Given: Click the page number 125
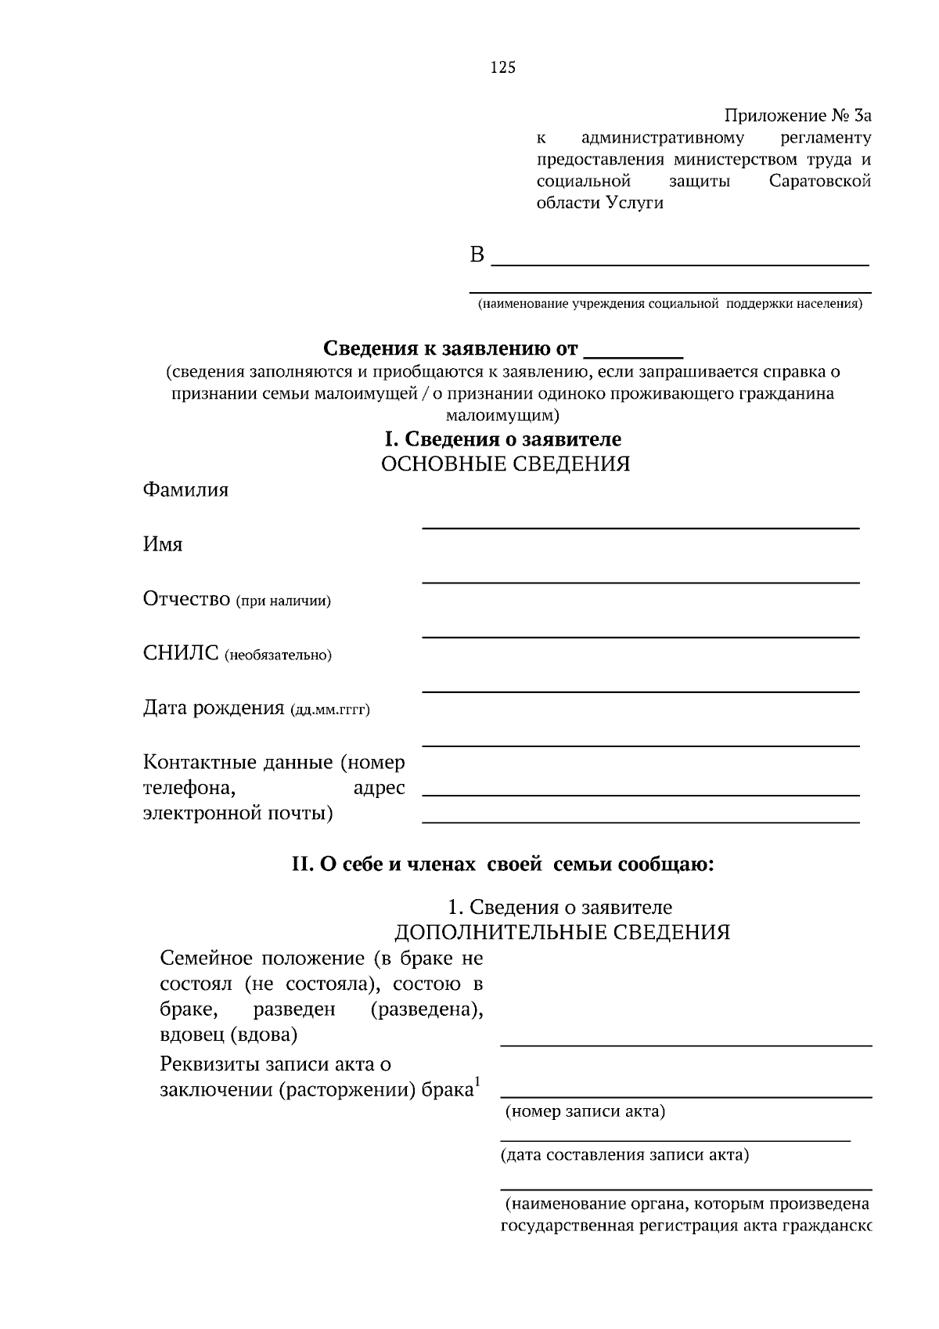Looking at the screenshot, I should click(x=503, y=68).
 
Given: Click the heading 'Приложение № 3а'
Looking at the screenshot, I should click(x=797, y=117).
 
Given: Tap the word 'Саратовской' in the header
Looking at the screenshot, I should click(x=820, y=182).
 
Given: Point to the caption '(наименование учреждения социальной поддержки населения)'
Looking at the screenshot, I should click(x=670, y=305).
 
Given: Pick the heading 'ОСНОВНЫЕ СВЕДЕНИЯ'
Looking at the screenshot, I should click(x=505, y=464).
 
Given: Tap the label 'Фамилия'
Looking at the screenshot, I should click(x=185, y=490).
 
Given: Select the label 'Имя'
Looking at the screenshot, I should click(x=163, y=545).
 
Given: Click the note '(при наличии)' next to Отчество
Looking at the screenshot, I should click(x=283, y=601).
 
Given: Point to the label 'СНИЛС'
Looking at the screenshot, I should click(x=181, y=653).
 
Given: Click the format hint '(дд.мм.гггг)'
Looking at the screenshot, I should click(x=329, y=710).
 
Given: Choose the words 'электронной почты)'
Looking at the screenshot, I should click(x=238, y=814).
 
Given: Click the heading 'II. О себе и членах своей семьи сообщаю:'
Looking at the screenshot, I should click(x=502, y=865).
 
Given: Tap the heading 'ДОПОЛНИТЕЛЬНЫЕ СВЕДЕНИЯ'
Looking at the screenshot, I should click(x=562, y=932).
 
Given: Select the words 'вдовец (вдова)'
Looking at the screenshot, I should click(x=228, y=1035).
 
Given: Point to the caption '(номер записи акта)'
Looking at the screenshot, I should click(x=585, y=1111).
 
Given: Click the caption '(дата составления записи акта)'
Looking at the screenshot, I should click(x=624, y=1154).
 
